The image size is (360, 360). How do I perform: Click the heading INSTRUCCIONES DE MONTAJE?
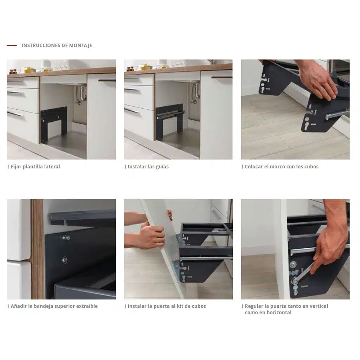(x=57, y=45)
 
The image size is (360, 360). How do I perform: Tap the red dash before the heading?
(x=12, y=45)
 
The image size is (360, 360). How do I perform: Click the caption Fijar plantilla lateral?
(x=35, y=167)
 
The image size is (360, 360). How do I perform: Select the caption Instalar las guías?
(x=148, y=167)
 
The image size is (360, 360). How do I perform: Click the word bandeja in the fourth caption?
(x=43, y=306)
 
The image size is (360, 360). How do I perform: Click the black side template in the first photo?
(x=54, y=123)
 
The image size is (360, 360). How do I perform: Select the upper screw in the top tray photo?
(x=66, y=238)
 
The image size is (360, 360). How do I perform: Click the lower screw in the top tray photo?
(x=65, y=260)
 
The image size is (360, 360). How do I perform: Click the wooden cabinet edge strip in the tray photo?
(x=37, y=249)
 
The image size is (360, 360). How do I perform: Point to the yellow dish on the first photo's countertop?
(x=30, y=70)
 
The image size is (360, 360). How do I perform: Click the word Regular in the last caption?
(x=254, y=306)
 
